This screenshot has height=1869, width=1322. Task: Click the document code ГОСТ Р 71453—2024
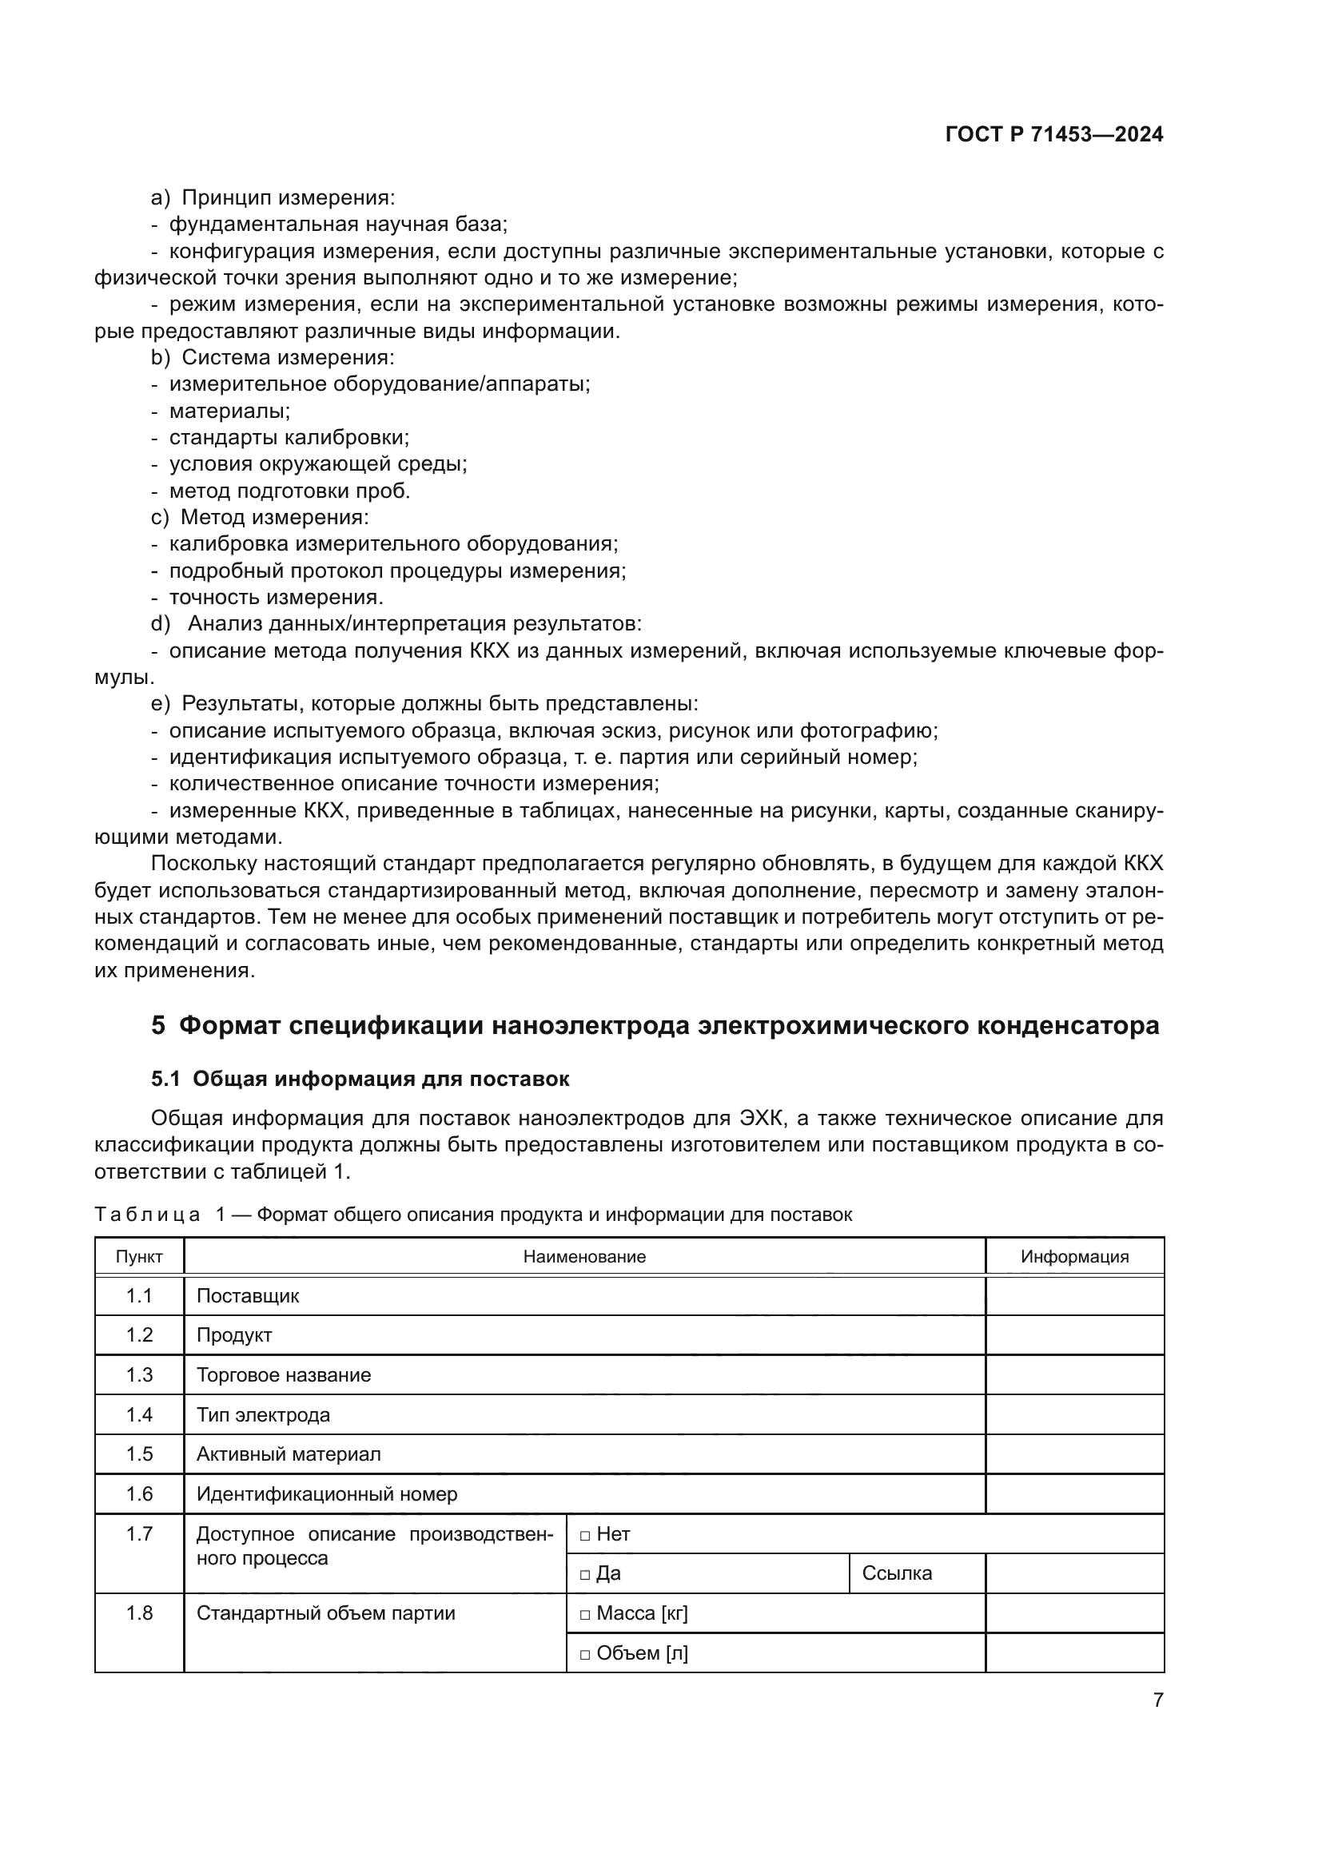1053,135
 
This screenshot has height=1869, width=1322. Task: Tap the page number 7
1157,1700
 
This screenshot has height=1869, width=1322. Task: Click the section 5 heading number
158,1026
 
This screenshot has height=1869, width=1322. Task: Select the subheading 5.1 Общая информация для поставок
360,1080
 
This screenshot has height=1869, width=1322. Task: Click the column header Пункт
139,1257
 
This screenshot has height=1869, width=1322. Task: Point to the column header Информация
1074,1257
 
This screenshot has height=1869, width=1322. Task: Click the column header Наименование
584,1257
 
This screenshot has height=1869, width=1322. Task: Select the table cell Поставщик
249,1297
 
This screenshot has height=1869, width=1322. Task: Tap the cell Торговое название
284,1376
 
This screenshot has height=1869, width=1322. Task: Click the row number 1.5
139,1454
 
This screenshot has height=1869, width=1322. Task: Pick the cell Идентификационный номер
327,1494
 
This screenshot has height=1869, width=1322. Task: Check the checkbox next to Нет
584,1535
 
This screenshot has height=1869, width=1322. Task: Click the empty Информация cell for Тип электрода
1074,1416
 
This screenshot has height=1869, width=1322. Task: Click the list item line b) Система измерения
273,358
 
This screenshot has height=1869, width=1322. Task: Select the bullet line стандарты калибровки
289,438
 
